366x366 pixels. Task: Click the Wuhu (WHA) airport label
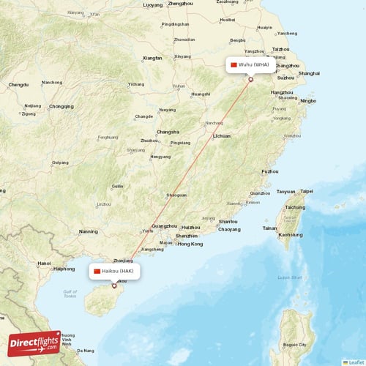[x=250, y=64]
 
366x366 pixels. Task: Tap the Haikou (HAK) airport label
[x=114, y=271]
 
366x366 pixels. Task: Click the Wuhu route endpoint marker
[x=250, y=79]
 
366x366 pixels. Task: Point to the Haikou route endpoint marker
[x=113, y=285]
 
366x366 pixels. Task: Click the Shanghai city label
[x=309, y=73]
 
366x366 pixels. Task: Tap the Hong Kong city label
[x=190, y=244]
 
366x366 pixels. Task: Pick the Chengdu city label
[x=18, y=85]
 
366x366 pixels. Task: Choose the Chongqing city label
[x=61, y=106]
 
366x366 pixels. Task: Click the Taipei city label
[x=306, y=191]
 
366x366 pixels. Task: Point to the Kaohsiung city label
[x=291, y=235]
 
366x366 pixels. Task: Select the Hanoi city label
[x=44, y=264]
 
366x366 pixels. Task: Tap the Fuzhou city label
[x=270, y=171]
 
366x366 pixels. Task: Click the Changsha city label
[x=168, y=132]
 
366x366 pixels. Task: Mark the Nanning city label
[x=89, y=232]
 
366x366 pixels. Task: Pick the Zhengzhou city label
[x=179, y=4]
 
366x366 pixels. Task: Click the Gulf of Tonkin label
[x=70, y=293]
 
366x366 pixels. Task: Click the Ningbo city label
[x=308, y=100]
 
